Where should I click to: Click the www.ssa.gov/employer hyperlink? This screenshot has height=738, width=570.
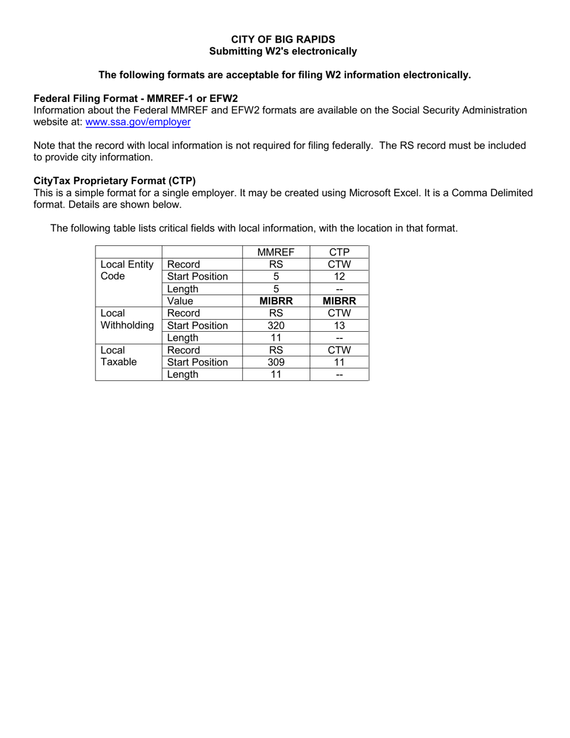coord(139,122)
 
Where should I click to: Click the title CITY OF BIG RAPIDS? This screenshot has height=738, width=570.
coord(283,40)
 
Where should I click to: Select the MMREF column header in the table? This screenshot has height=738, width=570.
coord(276,252)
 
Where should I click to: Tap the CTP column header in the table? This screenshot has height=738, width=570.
coord(339,252)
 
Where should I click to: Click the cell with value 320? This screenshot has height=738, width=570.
coord(276,325)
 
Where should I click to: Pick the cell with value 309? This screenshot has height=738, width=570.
coord(276,362)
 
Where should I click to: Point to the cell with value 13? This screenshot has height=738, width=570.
coord(339,325)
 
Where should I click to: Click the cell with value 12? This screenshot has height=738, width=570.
coord(339,277)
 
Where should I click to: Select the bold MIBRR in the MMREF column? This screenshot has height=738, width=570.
coord(276,301)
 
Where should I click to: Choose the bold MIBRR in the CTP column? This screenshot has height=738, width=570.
coord(339,301)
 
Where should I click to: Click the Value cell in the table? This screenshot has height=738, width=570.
coord(181,301)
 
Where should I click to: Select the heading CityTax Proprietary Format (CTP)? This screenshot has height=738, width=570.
coord(115,181)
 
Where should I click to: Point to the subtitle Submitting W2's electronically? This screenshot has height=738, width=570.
coord(283,52)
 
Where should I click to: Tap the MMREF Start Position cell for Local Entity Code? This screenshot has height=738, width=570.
coord(276,277)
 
